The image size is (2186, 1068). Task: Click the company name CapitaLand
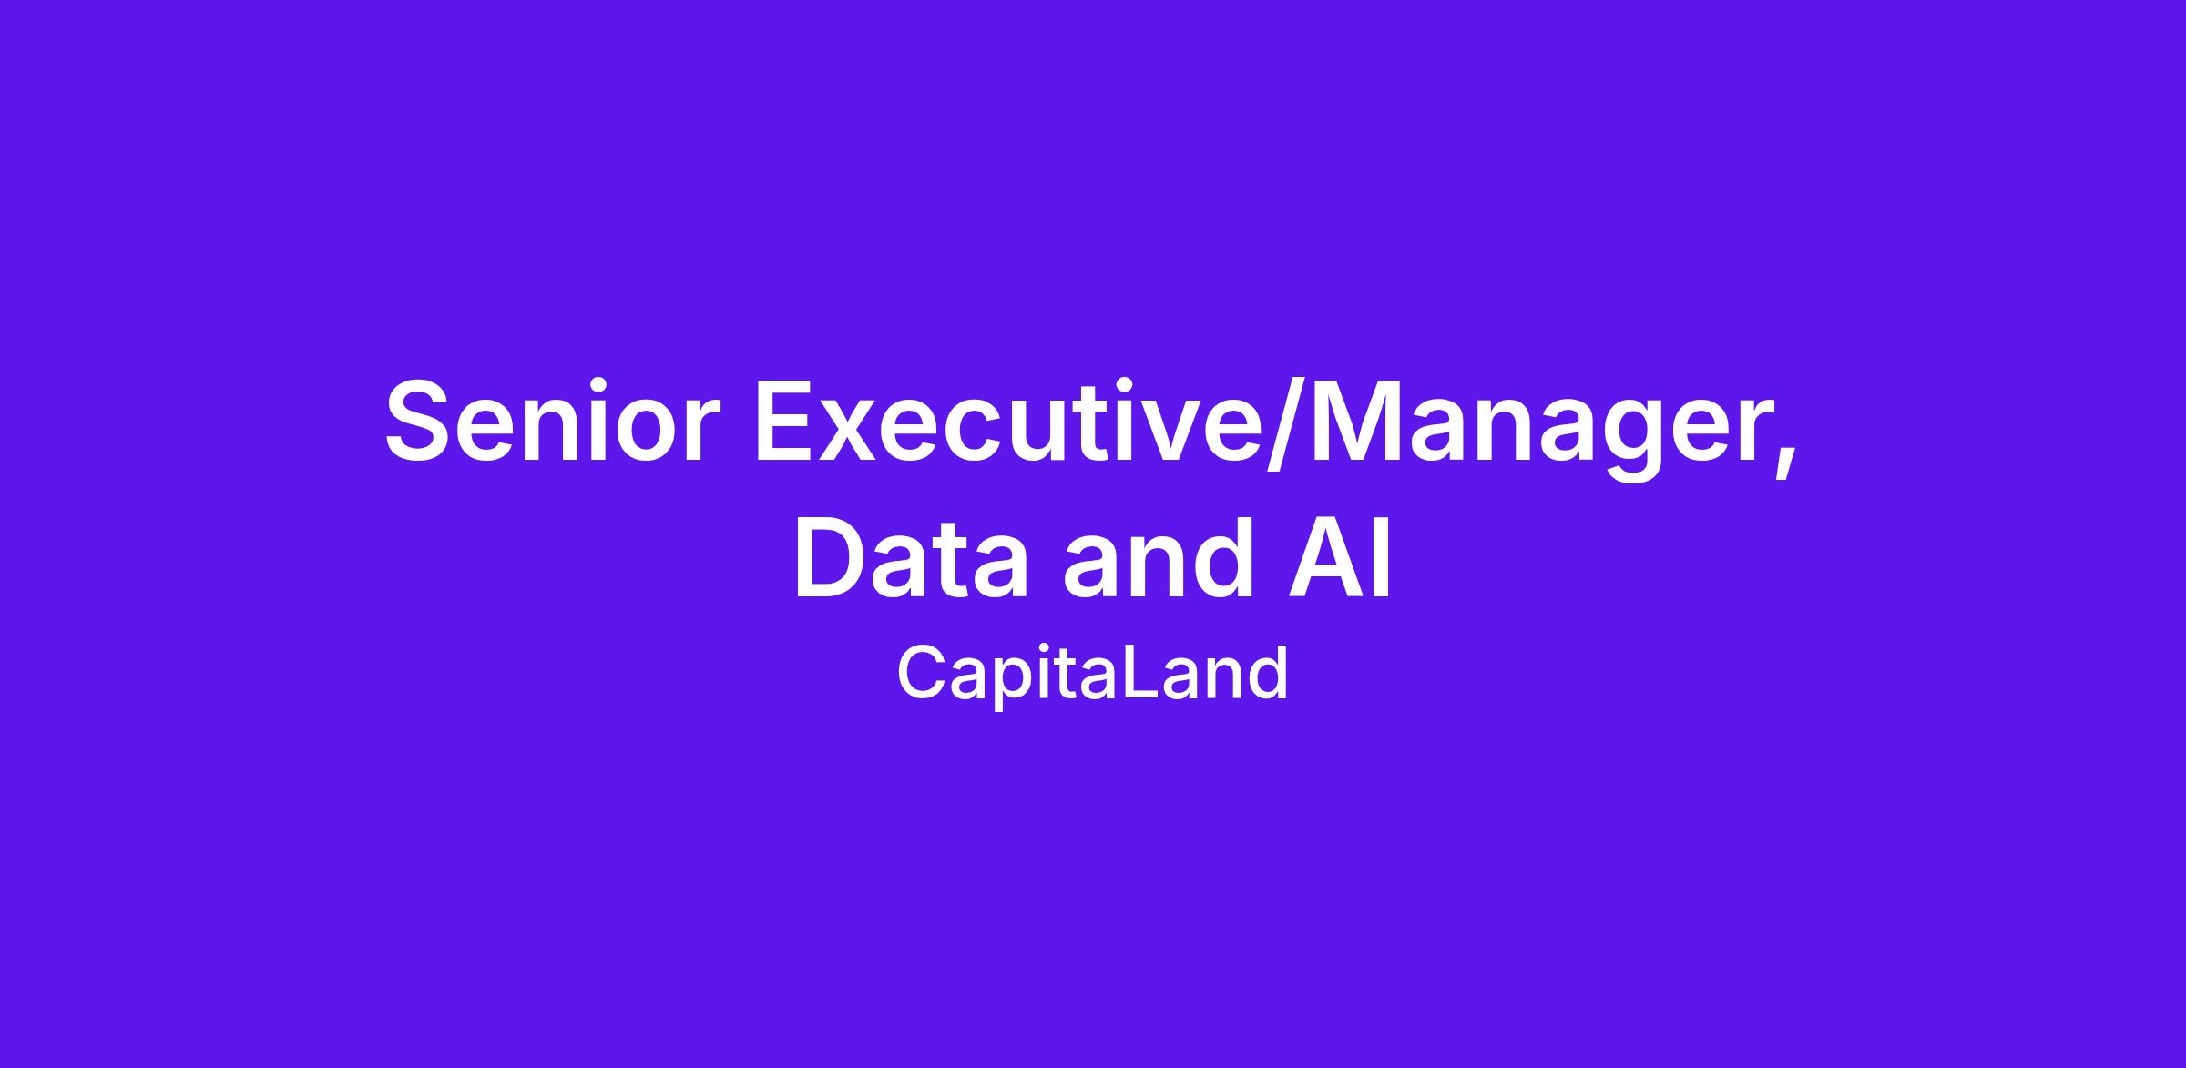pos(1092,674)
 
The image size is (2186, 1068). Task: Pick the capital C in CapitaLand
pos(921,673)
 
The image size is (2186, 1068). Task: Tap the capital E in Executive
pos(788,421)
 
